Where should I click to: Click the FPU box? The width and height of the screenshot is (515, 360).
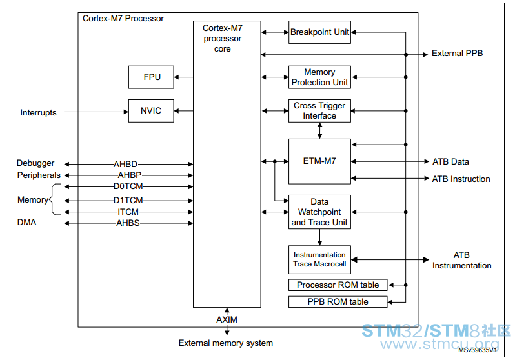tap(151, 77)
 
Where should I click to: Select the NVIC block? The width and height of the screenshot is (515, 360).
tap(151, 111)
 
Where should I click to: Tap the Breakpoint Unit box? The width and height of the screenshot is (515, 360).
tap(319, 32)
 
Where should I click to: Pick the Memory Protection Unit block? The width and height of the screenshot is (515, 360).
tap(319, 77)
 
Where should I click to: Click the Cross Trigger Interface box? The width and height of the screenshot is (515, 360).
tap(319, 111)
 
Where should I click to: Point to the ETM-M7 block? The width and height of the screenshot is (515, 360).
tap(319, 161)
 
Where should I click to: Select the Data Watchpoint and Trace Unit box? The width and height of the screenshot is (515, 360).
tap(319, 212)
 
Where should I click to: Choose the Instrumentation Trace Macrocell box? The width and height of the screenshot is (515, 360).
tap(319, 259)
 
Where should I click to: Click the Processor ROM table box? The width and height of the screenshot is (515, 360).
tap(338, 285)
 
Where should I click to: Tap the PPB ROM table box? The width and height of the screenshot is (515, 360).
tap(338, 301)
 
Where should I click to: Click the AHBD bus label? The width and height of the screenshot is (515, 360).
tap(125, 164)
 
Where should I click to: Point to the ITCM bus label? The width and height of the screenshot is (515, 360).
tap(128, 212)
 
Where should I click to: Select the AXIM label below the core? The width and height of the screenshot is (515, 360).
tap(227, 319)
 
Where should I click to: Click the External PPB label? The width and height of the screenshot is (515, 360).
tap(457, 53)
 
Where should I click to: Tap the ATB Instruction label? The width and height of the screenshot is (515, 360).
tap(461, 179)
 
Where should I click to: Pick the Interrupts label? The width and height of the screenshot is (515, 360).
tap(38, 113)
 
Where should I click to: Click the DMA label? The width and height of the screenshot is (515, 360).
tap(26, 223)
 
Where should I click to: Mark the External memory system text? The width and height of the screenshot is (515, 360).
tap(226, 343)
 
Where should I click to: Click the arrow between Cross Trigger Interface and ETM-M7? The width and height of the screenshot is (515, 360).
tap(319, 130)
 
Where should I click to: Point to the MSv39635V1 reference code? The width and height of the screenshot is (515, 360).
tap(478, 350)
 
